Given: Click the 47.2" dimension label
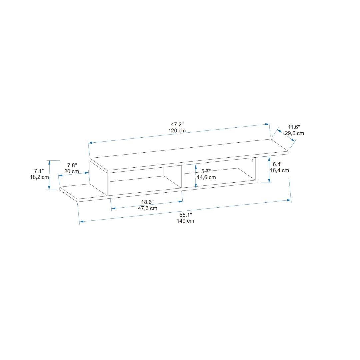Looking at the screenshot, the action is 177,125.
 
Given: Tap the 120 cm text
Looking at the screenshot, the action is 177,131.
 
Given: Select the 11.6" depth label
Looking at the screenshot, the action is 294,127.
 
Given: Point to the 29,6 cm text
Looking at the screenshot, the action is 294,133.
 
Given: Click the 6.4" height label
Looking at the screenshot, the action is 278,164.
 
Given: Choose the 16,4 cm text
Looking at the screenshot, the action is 279,170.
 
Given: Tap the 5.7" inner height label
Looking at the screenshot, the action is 206,171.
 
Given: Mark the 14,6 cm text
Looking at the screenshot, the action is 206,177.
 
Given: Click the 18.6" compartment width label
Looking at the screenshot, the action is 147,202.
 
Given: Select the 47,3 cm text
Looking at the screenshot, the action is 147,208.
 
